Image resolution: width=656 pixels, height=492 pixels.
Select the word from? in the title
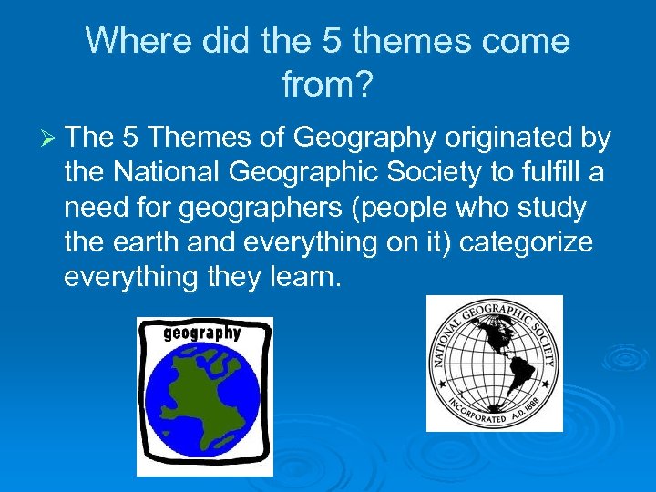(327, 86)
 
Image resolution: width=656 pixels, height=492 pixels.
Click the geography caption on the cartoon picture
(202, 333)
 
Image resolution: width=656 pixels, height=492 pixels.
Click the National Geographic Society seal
(494, 363)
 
